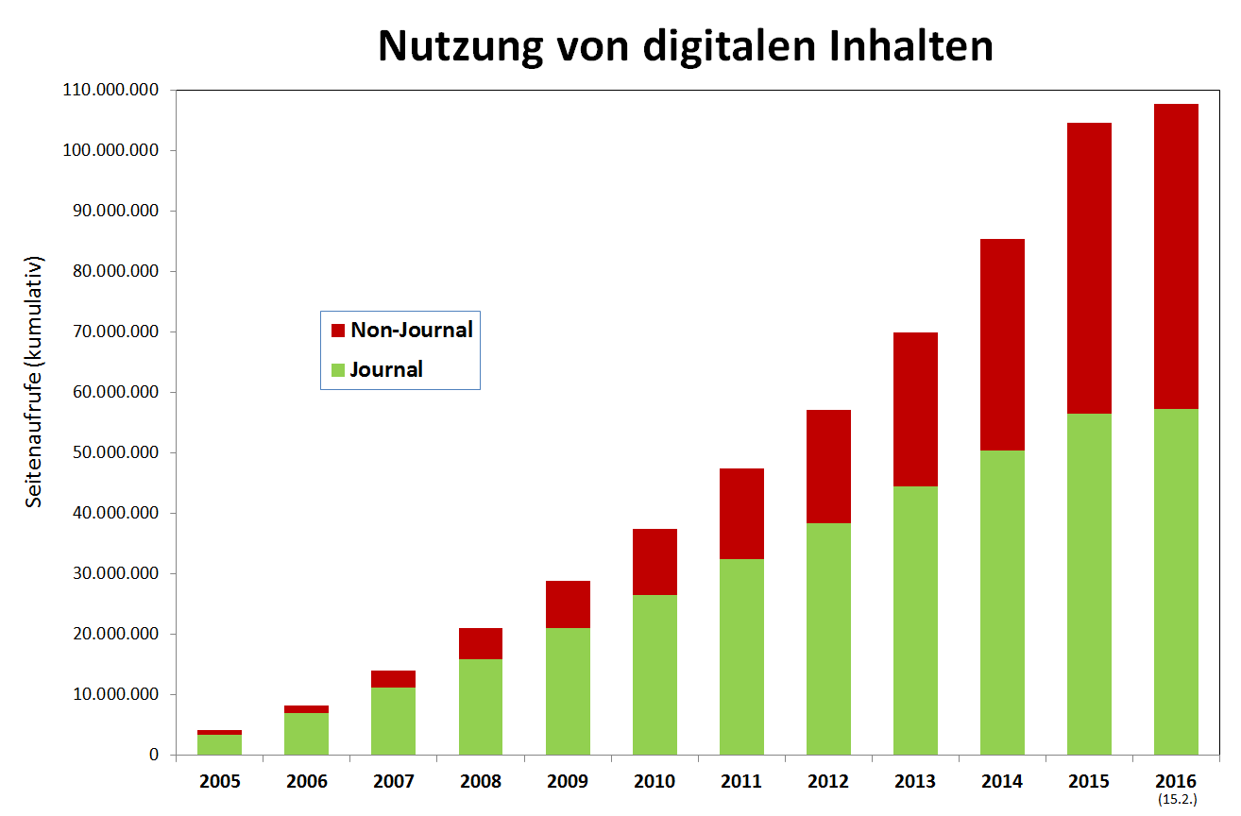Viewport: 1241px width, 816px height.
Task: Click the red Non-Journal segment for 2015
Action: (x=1089, y=268)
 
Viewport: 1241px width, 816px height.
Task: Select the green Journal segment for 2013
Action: (x=915, y=620)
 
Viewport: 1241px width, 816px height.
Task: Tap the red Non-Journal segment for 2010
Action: (x=654, y=561)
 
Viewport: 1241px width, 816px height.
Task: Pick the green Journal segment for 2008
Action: (x=481, y=706)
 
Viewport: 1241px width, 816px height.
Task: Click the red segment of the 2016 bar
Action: (x=1176, y=256)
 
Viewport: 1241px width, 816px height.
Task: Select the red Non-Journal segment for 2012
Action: (x=828, y=466)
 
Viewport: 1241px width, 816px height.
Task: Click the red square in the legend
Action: (x=337, y=331)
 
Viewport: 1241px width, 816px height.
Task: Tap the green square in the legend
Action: (x=337, y=369)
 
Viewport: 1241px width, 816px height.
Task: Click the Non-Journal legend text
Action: (x=411, y=330)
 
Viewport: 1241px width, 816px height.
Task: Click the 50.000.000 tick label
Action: (x=111, y=453)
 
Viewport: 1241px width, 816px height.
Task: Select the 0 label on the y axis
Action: (x=153, y=756)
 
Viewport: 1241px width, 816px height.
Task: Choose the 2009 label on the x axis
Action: (x=568, y=782)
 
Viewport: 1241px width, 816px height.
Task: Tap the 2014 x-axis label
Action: (x=1002, y=782)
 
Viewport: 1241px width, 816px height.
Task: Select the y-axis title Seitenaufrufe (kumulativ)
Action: (x=34, y=382)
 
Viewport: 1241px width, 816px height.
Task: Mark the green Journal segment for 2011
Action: (x=741, y=656)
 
